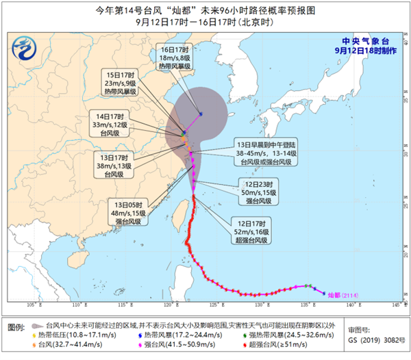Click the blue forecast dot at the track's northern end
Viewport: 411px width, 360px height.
(201, 114)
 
